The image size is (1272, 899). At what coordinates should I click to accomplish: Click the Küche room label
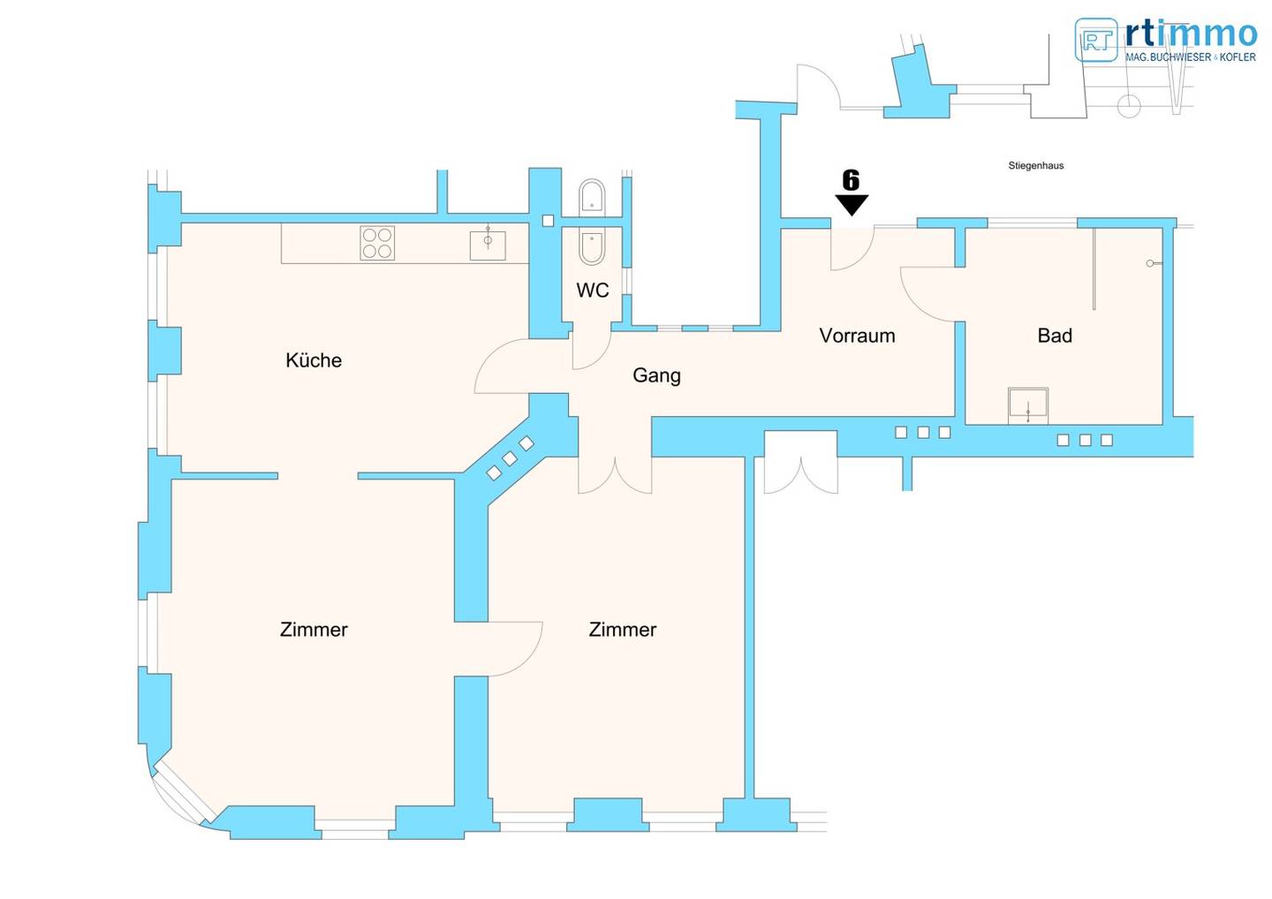click(314, 360)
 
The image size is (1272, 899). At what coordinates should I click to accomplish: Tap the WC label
click(592, 290)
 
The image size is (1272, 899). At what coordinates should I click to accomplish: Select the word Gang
click(656, 375)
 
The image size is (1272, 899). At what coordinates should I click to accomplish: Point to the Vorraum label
click(857, 336)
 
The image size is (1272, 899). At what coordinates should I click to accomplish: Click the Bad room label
click(1055, 336)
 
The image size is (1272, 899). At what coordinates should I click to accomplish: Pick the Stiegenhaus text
click(1036, 166)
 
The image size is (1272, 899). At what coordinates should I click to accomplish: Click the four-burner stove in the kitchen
click(377, 243)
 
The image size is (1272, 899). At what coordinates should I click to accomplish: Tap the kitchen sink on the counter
click(488, 245)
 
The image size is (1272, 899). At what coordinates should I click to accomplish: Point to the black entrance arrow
click(852, 205)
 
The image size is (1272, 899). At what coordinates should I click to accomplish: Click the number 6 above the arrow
click(851, 180)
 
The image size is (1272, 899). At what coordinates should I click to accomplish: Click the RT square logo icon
click(1096, 40)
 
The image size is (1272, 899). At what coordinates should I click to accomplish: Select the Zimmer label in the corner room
click(314, 630)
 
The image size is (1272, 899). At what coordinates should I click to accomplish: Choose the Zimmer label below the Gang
click(623, 630)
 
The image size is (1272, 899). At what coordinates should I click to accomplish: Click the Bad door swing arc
click(915, 304)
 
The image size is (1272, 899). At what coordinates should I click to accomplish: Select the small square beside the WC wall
click(548, 221)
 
